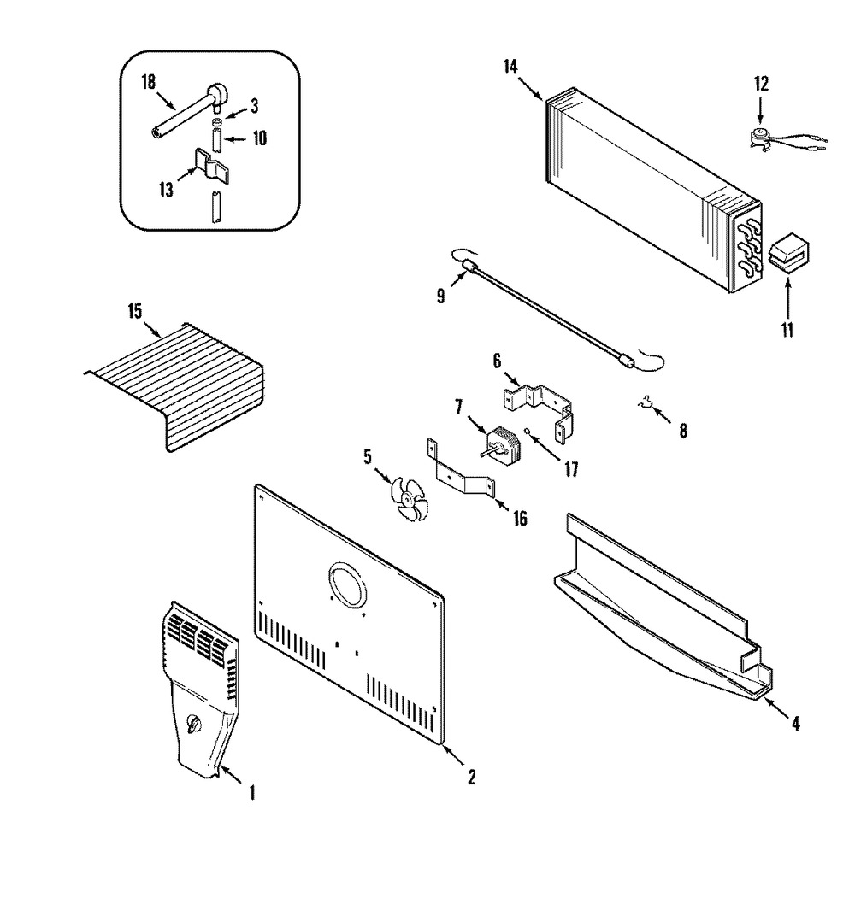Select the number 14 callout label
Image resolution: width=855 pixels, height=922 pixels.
click(x=510, y=67)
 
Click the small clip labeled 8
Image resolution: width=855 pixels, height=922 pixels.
click(x=646, y=403)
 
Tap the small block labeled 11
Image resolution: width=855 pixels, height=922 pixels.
click(x=787, y=254)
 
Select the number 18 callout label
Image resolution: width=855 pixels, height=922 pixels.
click(x=148, y=82)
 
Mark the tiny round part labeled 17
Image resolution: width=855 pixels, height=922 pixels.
click(x=530, y=435)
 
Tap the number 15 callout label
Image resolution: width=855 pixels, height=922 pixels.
click(x=135, y=311)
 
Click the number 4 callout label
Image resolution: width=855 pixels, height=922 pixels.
click(x=795, y=723)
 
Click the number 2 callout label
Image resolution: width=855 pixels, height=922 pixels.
click(x=471, y=778)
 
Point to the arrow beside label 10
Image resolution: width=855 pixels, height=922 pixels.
click(x=237, y=139)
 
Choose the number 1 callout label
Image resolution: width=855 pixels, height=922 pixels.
click(x=252, y=793)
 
